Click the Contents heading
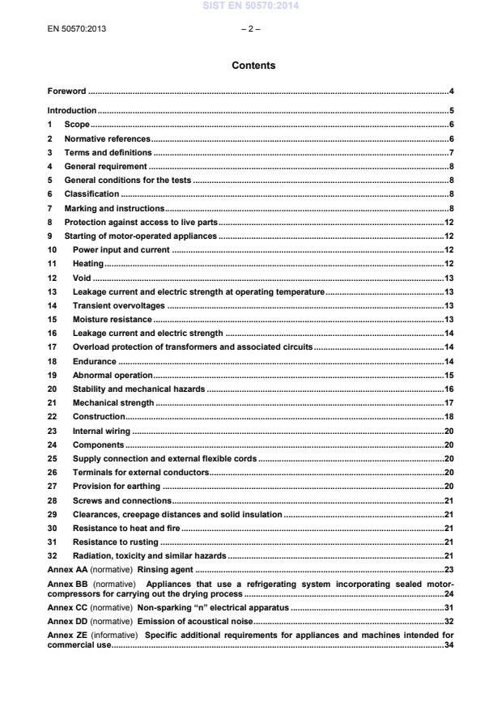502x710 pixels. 253,66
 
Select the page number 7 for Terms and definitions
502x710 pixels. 451,152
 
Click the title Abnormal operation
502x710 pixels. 113,375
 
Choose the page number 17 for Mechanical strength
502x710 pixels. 449,402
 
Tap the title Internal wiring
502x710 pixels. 101,430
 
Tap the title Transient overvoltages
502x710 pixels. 118,305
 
